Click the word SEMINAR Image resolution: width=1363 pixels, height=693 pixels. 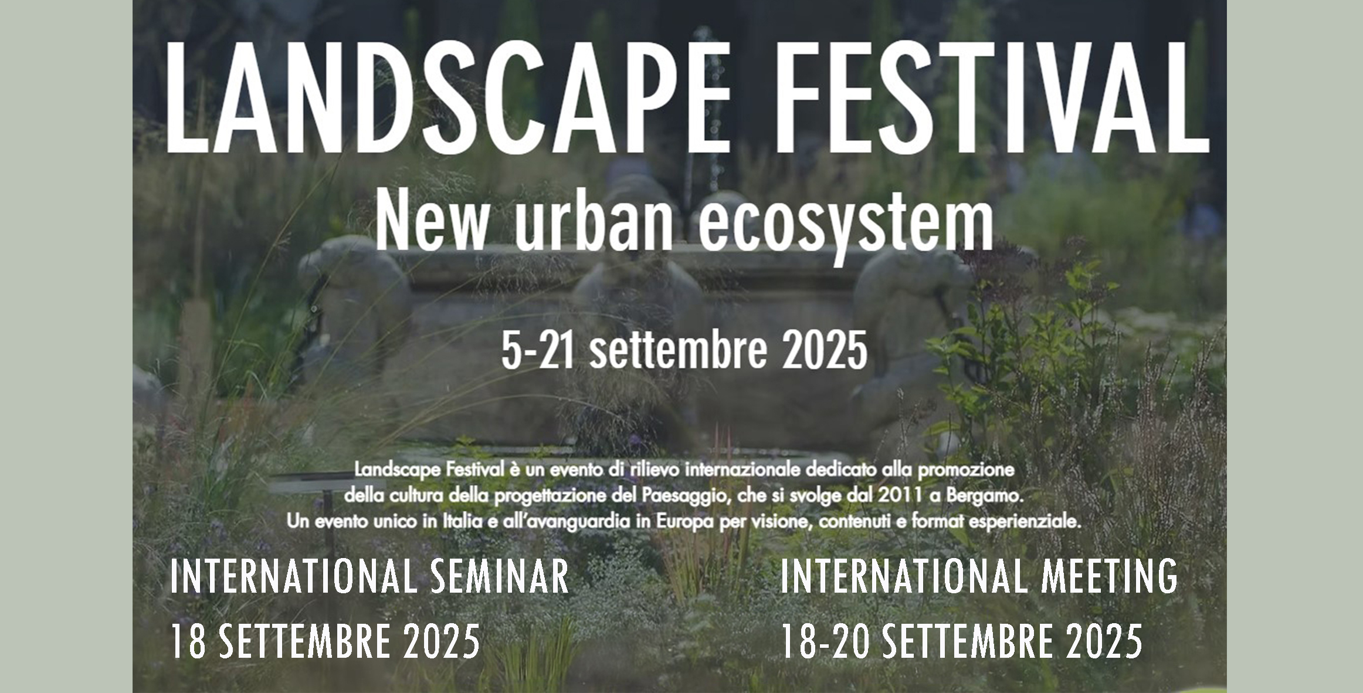[500, 577]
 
